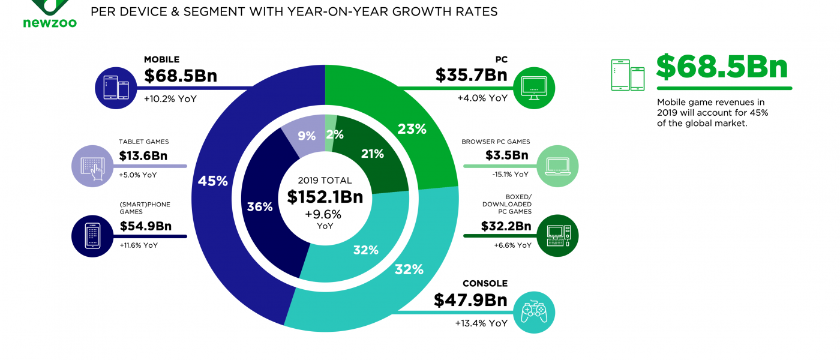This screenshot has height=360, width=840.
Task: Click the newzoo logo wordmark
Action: (x=50, y=23)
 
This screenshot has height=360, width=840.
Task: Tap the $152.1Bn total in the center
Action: (x=325, y=197)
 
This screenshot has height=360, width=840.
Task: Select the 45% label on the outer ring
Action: (x=213, y=181)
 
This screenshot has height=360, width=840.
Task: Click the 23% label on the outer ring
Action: (x=412, y=128)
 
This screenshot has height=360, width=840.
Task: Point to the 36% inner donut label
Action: (x=260, y=207)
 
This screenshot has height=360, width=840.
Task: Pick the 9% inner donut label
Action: (x=307, y=136)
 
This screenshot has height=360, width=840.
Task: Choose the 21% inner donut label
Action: (x=372, y=154)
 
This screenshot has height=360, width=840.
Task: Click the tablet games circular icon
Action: (x=92, y=165)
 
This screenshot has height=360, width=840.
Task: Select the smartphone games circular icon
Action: (x=92, y=236)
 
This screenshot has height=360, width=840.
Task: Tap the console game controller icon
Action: (x=534, y=312)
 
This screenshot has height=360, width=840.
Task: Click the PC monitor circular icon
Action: (x=534, y=88)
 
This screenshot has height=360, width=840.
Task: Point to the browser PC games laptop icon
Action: (x=557, y=164)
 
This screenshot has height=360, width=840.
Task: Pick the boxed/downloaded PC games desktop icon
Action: (x=557, y=235)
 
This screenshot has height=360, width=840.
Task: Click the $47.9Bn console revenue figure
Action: (x=470, y=301)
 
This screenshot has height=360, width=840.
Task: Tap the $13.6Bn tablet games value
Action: (x=143, y=157)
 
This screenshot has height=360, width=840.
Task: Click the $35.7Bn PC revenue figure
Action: (x=471, y=75)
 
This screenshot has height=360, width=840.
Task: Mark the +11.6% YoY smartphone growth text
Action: (x=138, y=245)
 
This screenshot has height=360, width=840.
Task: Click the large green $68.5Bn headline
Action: (x=721, y=67)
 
